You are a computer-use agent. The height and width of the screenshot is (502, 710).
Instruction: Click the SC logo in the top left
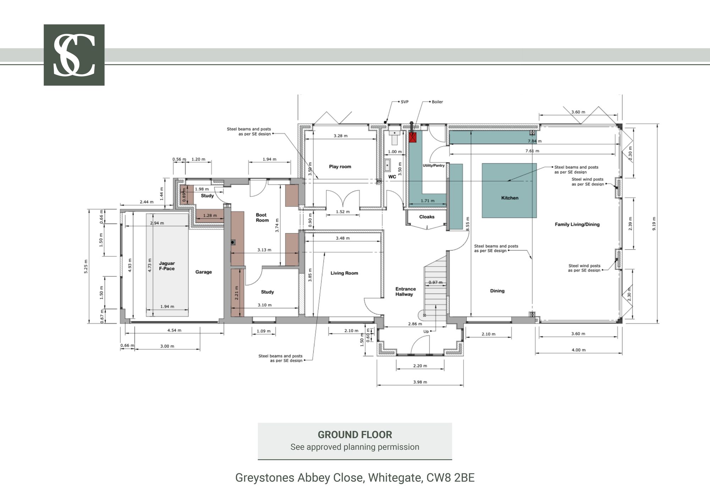point(74,55)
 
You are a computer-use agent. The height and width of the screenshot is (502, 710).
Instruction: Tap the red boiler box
point(413,137)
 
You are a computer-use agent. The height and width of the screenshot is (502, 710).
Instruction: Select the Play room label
point(340,167)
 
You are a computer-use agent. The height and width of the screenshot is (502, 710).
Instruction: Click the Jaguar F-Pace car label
point(167,266)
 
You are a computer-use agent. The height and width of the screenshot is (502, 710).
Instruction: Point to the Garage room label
point(203,272)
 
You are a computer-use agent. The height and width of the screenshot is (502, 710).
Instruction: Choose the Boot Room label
point(262,218)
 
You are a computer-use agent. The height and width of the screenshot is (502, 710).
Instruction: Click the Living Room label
point(344,273)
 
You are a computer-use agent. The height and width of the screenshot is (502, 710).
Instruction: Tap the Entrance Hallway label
point(405,291)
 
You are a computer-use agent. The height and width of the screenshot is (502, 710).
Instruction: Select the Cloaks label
point(427,217)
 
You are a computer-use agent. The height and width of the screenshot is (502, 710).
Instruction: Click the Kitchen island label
point(509,198)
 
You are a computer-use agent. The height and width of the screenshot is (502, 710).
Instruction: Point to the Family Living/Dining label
point(577,224)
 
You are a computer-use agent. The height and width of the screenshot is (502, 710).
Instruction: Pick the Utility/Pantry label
point(433,165)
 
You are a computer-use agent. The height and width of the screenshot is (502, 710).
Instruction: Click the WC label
point(392,177)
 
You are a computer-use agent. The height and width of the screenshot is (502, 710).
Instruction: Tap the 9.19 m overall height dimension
point(654,224)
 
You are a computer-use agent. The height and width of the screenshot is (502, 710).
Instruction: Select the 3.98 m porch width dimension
point(420,382)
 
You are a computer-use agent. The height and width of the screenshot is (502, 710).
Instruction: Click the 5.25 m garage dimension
point(86,266)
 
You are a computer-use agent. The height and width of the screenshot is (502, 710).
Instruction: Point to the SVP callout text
point(404,102)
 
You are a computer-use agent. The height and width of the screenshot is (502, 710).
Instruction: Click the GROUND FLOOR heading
point(355,435)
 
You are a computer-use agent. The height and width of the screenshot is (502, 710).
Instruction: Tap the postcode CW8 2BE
point(450,478)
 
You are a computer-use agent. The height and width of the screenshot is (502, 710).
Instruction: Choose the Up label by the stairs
point(426,332)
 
